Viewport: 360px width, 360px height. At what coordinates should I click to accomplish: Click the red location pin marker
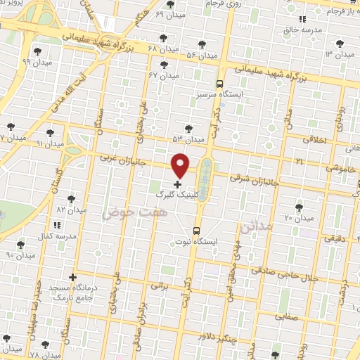pyautogui.click(x=181, y=165)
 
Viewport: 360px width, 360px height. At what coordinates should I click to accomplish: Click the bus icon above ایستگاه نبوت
pyautogui.click(x=196, y=229)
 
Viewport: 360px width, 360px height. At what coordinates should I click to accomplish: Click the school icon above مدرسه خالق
pyautogui.click(x=302, y=20)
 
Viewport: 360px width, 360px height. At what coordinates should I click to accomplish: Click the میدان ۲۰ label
pyautogui.click(x=298, y=218)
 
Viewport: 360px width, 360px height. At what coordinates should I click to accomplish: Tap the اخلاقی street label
pyautogui.click(x=314, y=139)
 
